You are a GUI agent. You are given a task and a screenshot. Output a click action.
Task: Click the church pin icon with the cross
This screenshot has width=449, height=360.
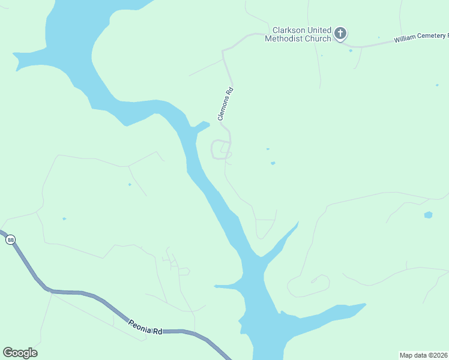click(340, 34)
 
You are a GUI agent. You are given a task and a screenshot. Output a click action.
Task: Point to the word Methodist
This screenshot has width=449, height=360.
click(285, 39)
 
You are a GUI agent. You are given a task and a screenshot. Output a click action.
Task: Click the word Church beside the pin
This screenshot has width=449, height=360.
click(318, 39)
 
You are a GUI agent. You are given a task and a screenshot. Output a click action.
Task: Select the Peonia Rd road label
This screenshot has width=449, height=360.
click(146, 327)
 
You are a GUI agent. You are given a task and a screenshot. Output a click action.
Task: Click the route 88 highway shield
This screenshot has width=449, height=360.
click(11, 240)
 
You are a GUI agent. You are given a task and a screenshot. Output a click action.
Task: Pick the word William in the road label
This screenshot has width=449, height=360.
click(406, 39)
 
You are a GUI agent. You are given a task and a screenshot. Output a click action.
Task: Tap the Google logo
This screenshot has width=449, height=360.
click(20, 353)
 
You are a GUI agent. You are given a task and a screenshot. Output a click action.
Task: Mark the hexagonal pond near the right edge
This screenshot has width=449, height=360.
click(428, 215)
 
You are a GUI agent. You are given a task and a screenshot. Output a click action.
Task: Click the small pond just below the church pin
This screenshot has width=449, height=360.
click(351, 50)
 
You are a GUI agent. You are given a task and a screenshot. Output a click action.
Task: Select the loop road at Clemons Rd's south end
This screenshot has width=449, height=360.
click(220, 149)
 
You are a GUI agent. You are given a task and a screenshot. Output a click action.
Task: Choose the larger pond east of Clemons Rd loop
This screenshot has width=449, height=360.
click(273, 163)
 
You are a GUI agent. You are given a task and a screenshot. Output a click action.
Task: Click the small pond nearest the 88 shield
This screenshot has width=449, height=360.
click(64, 218)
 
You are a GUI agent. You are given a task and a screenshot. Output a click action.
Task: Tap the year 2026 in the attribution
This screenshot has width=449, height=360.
click(440, 355)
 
